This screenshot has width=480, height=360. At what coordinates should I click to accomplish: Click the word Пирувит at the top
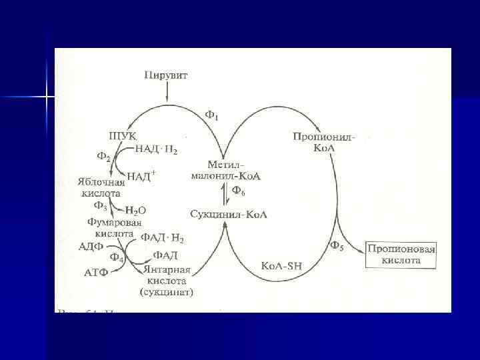[166, 75]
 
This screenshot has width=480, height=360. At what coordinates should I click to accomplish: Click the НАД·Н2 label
[157, 149]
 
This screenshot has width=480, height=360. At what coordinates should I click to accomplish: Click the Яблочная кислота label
[101, 187]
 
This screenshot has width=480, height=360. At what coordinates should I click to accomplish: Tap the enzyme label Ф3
[101, 205]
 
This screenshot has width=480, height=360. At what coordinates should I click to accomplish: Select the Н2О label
[136, 210]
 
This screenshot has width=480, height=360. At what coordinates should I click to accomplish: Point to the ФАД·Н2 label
[162, 237]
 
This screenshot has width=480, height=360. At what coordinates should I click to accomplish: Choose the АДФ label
[90, 247]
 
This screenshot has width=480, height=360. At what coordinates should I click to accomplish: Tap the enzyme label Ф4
[117, 257]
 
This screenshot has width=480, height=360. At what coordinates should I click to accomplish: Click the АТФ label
[96, 273]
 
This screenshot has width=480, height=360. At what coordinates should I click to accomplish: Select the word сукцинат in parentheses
[166, 292]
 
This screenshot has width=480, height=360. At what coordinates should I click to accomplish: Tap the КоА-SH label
[281, 265]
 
